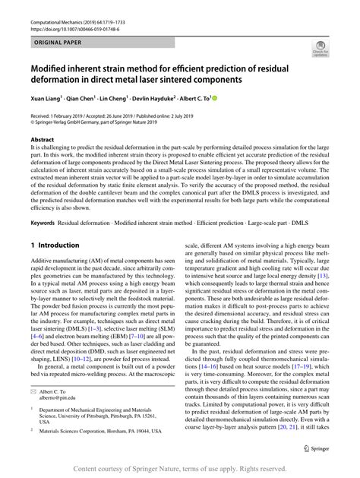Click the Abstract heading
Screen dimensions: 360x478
click(x=43, y=141)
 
